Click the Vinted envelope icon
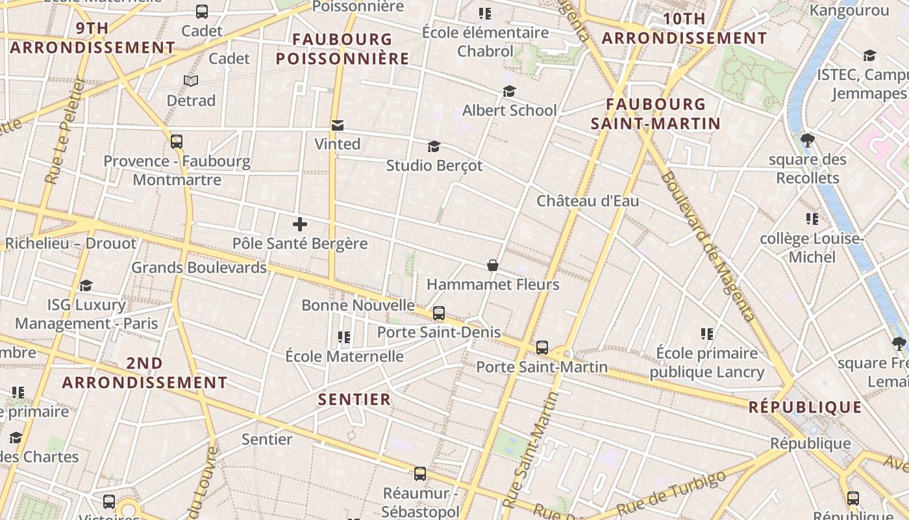tap(337, 125)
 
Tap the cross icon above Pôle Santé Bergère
tap(299, 225)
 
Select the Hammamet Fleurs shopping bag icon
tap(493, 265)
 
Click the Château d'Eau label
tap(588, 201)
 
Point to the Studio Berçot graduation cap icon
tap(434, 146)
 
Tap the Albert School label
tap(509, 110)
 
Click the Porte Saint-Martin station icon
tap(542, 348)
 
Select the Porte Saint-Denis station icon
tap(439, 313)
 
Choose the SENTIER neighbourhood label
tap(355, 399)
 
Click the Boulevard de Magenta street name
tap(708, 247)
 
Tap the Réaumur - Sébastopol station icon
tap(420, 474)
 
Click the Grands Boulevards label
tap(199, 268)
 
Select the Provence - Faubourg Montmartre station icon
tap(177, 142)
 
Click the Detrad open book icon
tap(190, 81)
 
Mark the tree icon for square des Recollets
tap(808, 140)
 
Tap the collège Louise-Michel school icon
tap(812, 219)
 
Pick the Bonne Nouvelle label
tap(358, 305)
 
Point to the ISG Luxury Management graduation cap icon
tap(86, 286)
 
